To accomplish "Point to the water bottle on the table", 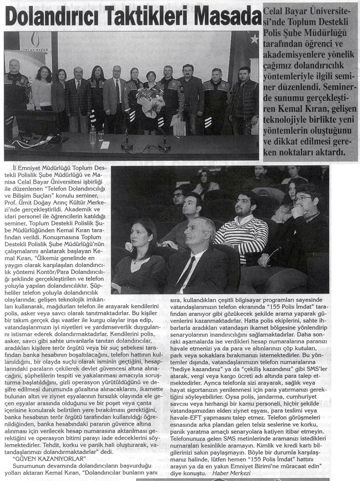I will pos(93,135).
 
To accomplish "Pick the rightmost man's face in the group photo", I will pos(244,73).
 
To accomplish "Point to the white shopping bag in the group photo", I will pos(178,124).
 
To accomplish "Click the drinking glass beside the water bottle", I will pos(101,136).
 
